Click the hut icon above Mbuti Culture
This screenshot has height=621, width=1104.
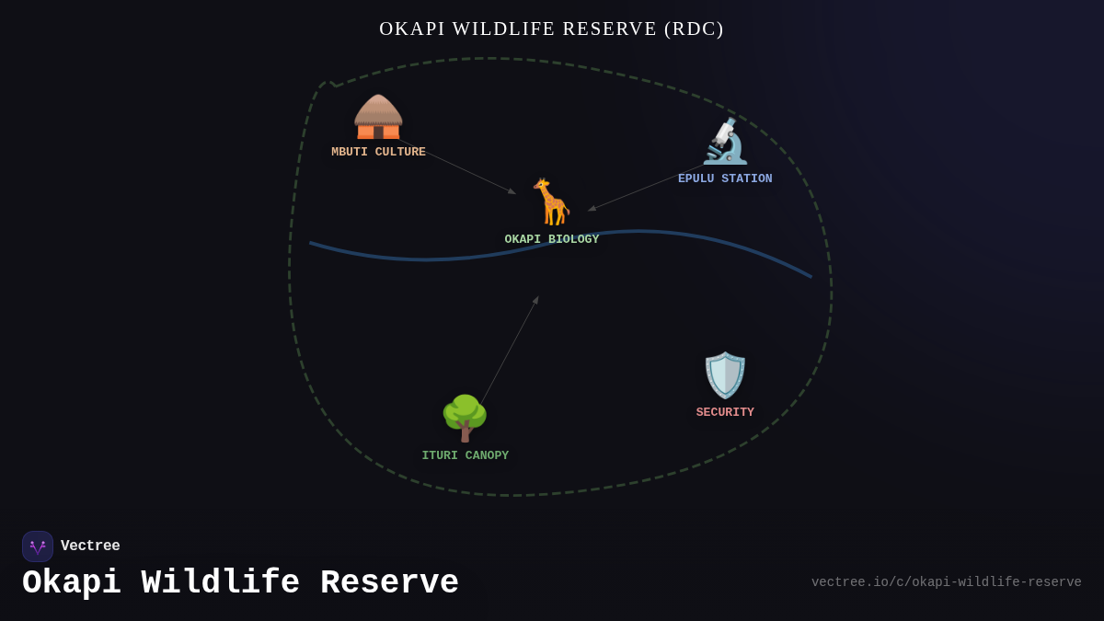pos(378,118)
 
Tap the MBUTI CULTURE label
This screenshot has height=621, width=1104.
pos(378,153)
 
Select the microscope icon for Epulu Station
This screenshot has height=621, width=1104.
pos(725,142)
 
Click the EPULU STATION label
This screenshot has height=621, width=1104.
pos(725,179)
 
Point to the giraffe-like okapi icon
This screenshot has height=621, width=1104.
pos(551,202)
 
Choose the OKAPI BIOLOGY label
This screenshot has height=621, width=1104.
pos(551,240)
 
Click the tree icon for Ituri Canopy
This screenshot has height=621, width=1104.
pos(465,419)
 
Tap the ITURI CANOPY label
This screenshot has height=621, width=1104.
pos(465,456)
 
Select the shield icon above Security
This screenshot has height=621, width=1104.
pos(725,375)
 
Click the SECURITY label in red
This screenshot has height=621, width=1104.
pos(725,413)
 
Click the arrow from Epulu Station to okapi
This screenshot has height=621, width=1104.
pos(644,188)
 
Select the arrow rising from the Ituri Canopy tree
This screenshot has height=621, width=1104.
pos(509,351)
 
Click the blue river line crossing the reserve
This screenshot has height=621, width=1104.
pos(423,259)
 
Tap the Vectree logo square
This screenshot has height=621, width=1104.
pos(38,546)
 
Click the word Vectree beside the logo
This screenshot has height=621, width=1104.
pos(90,546)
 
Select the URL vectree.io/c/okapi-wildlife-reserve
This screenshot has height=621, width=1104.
pos(946,582)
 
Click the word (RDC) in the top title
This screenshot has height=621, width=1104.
pos(694,29)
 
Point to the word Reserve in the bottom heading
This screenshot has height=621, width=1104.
pos(389,583)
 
